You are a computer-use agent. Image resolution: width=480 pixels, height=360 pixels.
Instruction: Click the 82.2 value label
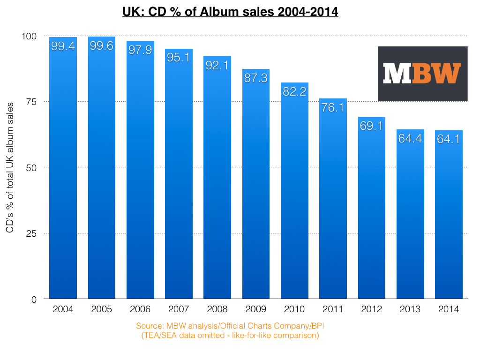click(294, 91)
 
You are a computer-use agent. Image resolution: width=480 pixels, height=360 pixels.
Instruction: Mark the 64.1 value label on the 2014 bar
click(449, 139)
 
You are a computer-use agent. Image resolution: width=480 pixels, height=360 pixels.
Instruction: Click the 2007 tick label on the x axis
click(178, 309)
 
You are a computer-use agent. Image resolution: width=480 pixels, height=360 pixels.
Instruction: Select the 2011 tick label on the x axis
click(333, 309)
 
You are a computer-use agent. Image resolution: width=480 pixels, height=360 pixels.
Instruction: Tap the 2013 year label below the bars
click(410, 309)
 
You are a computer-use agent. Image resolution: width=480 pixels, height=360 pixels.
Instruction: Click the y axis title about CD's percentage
click(9, 167)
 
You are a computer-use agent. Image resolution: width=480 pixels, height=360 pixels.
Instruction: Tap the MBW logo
click(423, 74)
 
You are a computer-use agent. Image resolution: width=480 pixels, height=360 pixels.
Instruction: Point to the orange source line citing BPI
click(230, 326)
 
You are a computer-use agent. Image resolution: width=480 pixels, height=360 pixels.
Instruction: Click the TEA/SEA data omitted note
click(230, 336)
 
